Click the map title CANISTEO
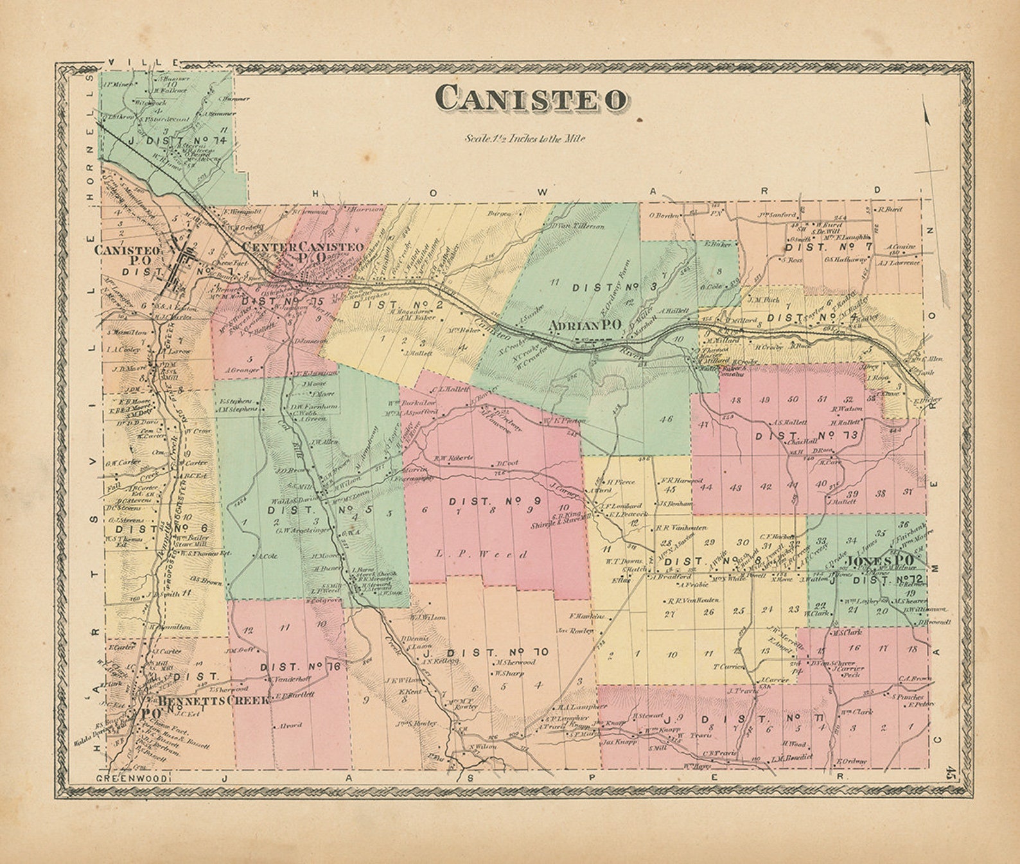[x=531, y=99]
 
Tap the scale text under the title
[x=525, y=138]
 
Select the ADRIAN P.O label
[x=585, y=326]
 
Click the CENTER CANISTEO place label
[x=303, y=247]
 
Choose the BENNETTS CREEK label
[x=214, y=700]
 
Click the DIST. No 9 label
[x=488, y=501]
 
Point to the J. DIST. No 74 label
[x=177, y=141]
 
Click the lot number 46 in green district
[x=665, y=419]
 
